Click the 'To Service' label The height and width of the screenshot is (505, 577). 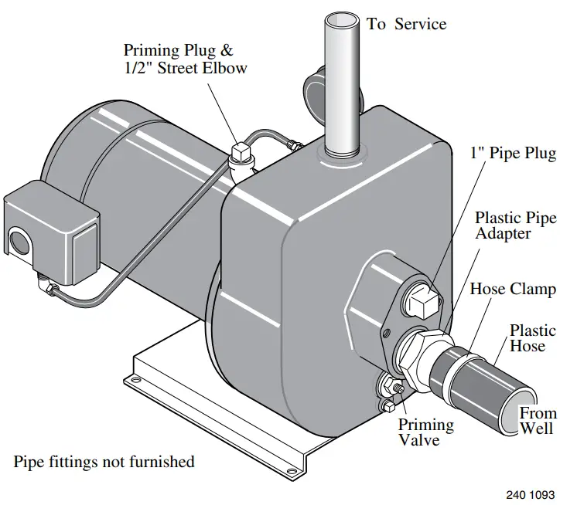click(x=406, y=24)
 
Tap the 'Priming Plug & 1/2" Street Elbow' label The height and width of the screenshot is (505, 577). click(x=186, y=59)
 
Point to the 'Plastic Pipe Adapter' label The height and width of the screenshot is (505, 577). click(x=514, y=225)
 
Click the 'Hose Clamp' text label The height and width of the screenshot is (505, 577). click(x=513, y=290)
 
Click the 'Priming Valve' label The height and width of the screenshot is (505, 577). click(x=425, y=432)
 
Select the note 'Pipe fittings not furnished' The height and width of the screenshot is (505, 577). click(x=104, y=463)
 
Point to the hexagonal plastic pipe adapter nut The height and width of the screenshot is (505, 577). click(x=418, y=351)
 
